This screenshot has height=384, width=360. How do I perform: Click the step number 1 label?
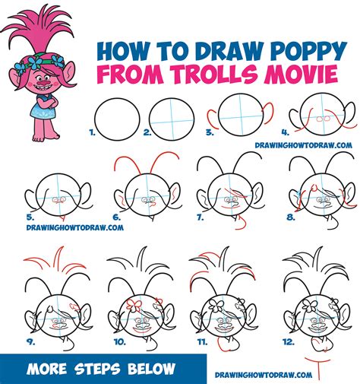click(x=93, y=132)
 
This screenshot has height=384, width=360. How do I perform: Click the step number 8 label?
click(x=289, y=217)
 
